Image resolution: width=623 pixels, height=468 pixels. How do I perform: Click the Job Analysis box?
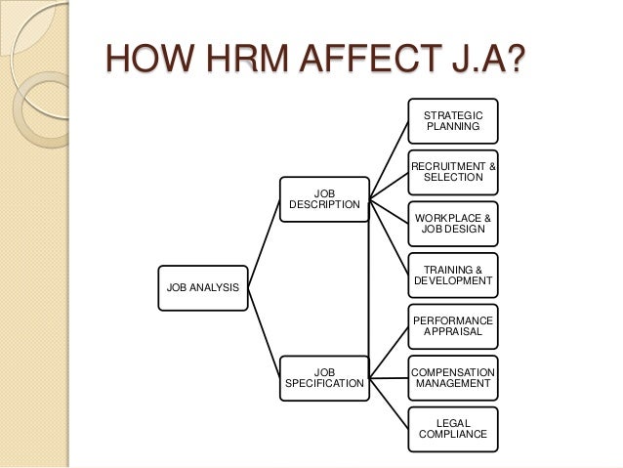click(203, 287)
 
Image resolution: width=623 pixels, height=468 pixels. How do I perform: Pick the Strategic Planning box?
click(452, 121)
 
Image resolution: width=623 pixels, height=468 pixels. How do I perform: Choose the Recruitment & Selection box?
click(452, 172)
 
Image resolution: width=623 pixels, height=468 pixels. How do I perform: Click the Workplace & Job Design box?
click(452, 224)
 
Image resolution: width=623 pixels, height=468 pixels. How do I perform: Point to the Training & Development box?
click(452, 275)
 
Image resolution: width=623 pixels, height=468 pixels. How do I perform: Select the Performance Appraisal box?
click(452, 326)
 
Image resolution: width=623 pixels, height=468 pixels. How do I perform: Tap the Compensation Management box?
click(452, 378)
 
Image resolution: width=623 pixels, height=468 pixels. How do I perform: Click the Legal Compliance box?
click(452, 429)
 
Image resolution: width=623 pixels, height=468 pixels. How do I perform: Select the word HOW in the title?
click(137, 64)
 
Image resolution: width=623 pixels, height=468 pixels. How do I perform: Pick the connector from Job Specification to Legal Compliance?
click(388, 404)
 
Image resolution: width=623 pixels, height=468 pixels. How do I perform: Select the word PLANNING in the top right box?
click(452, 127)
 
